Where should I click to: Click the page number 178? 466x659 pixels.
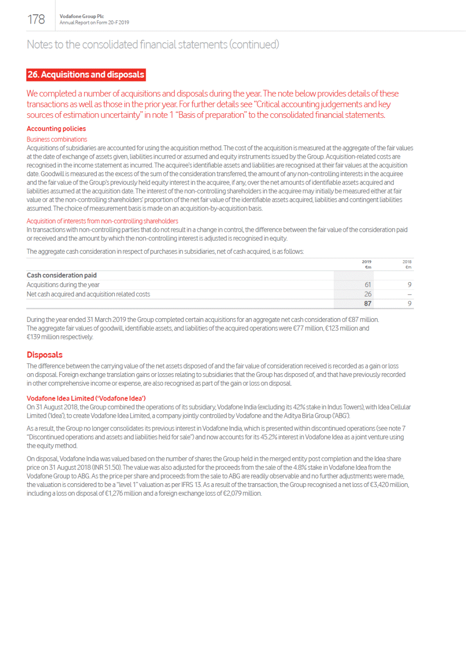coord(36,19)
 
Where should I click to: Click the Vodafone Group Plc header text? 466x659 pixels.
coord(81,16)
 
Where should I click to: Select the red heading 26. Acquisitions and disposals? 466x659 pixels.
coord(86,74)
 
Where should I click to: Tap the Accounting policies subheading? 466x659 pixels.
coord(56,129)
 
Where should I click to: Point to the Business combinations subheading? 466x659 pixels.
coord(57,139)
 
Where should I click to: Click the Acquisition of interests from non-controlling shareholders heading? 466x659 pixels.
coord(102,221)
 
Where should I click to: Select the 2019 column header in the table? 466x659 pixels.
coord(367,262)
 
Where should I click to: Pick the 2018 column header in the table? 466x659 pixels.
coord(407,262)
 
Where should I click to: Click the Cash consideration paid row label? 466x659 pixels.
coord(61,275)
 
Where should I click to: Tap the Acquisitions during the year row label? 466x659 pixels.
coord(63,285)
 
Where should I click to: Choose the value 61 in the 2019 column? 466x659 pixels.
coord(368,285)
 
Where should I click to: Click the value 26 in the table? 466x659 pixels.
coord(368,294)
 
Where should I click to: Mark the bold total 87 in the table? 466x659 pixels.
coord(368,304)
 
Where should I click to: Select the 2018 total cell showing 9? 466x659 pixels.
coord(409,304)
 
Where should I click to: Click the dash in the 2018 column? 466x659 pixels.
coord(409,294)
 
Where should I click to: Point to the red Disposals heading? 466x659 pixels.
coord(44,355)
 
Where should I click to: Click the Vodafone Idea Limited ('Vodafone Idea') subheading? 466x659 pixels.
coord(86,398)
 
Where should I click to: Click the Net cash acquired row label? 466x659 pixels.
coord(88,294)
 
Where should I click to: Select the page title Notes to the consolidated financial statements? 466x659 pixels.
coord(153,44)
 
